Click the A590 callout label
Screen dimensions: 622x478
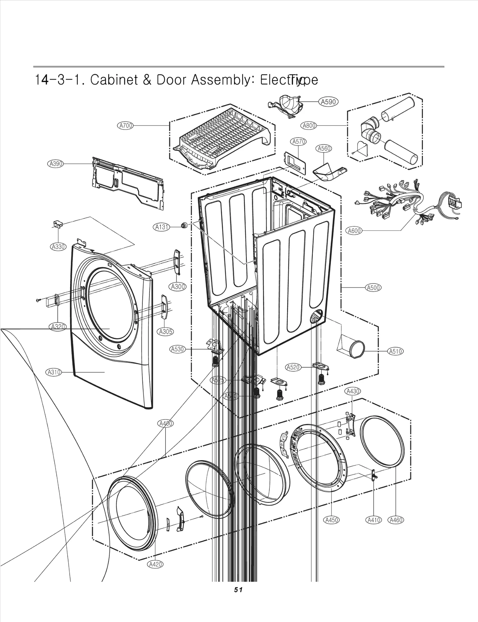328,102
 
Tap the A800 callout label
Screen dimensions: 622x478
309,126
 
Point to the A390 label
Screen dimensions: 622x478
56,164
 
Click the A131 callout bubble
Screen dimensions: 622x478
162,227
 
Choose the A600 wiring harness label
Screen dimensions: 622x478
354,231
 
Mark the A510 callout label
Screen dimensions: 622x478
395,351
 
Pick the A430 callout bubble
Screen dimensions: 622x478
353,391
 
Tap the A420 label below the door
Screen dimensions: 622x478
156,564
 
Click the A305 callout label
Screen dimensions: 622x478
165,331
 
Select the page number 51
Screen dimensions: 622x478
238,590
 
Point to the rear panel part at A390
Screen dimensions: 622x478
128,184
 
